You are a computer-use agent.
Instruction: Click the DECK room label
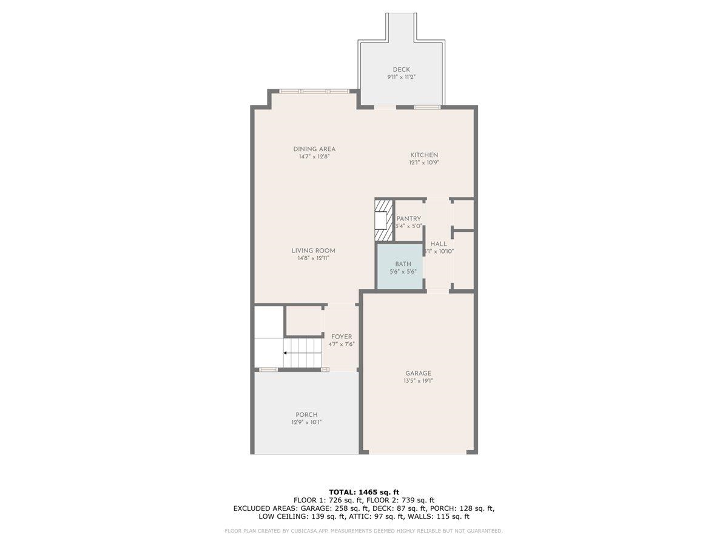pos(401,69)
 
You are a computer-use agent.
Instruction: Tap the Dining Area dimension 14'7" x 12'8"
pos(314,157)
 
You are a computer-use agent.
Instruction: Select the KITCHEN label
pos(423,155)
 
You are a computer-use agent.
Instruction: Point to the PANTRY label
pos(408,218)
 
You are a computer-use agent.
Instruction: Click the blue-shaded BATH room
pos(400,267)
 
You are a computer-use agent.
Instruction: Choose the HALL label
pos(439,244)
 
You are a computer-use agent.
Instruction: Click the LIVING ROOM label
pos(313,251)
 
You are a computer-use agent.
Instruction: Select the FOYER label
pos(342,337)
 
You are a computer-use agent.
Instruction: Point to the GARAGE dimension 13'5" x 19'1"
pos(418,381)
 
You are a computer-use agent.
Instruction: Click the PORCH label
pos(306,415)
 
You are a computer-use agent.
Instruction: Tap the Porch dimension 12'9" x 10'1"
pos(306,422)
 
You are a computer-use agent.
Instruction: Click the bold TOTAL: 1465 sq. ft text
pos(364,492)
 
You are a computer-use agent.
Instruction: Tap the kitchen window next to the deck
pos(427,107)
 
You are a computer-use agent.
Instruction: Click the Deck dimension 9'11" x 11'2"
pos(401,77)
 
